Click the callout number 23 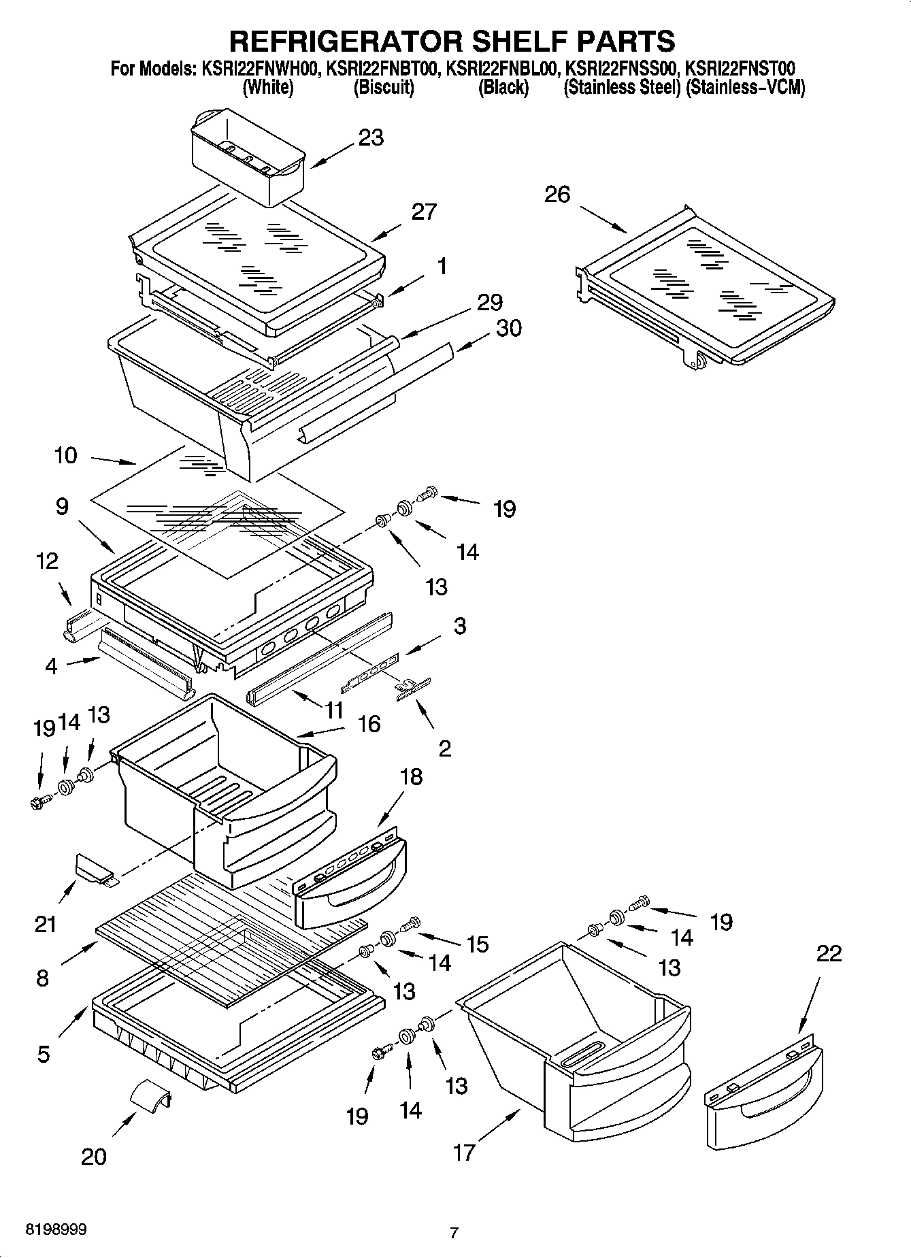(x=371, y=137)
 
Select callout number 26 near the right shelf (x=557, y=195)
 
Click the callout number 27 (x=423, y=212)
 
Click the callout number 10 (x=66, y=455)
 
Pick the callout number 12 (x=48, y=561)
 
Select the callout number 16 (x=369, y=724)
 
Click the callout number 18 (x=410, y=776)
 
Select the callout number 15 (x=477, y=944)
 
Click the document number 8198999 (x=56, y=1230)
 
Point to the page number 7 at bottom (x=454, y=1232)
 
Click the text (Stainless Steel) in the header (x=622, y=88)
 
